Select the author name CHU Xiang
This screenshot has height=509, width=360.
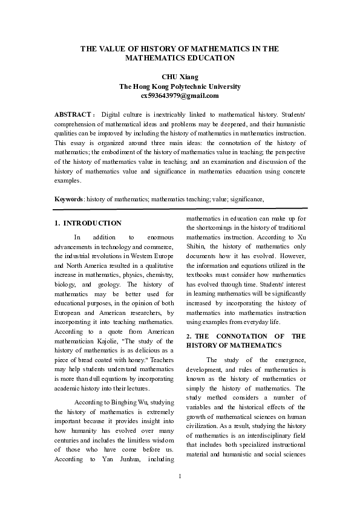(180, 77)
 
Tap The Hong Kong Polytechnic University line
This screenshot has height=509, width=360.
(180, 86)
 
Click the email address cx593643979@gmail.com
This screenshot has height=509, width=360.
(180, 96)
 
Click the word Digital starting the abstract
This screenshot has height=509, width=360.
(113, 114)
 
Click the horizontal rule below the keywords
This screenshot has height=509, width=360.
(180, 209)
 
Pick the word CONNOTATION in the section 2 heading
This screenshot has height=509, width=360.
(247, 336)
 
